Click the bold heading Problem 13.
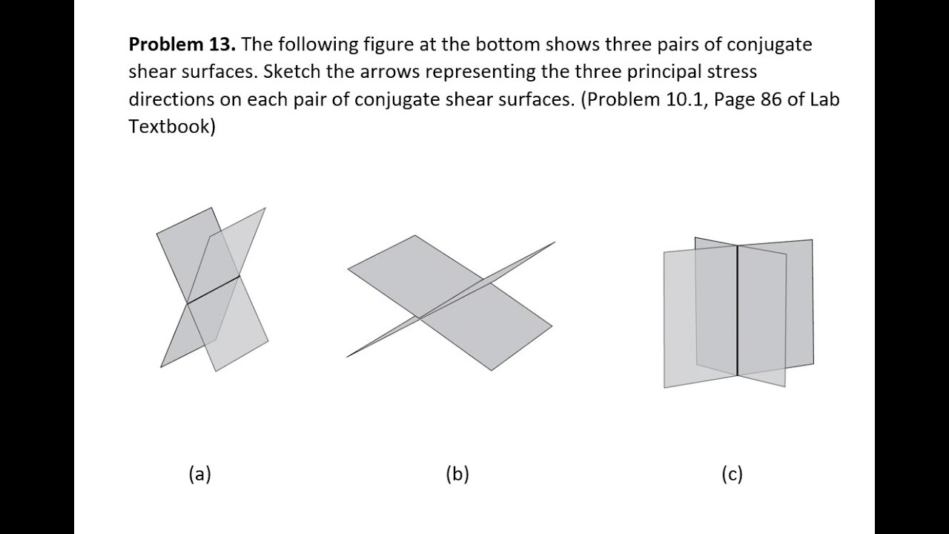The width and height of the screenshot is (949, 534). click(x=182, y=44)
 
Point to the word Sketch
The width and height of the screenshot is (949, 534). click(x=292, y=72)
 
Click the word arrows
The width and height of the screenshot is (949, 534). click(x=390, y=73)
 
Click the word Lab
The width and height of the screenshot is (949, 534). click(x=824, y=99)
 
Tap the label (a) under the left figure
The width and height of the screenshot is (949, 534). click(x=200, y=474)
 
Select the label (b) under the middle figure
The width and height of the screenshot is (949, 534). click(x=457, y=474)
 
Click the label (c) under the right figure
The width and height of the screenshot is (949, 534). click(x=732, y=474)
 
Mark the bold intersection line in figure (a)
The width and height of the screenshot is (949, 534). click(x=213, y=290)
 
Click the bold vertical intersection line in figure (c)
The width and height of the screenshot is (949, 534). click(x=738, y=311)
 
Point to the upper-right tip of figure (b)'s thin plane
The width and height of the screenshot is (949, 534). click(x=555, y=242)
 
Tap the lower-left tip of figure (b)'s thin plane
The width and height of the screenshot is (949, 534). click(x=346, y=357)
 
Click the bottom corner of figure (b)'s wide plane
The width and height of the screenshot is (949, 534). click(x=492, y=370)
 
